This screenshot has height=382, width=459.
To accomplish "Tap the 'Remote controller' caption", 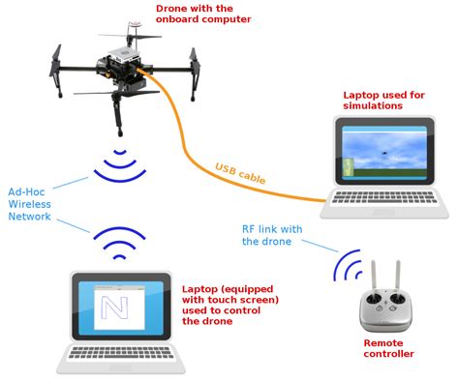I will [x=388, y=347].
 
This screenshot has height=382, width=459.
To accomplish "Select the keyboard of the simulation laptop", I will [x=386, y=200].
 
